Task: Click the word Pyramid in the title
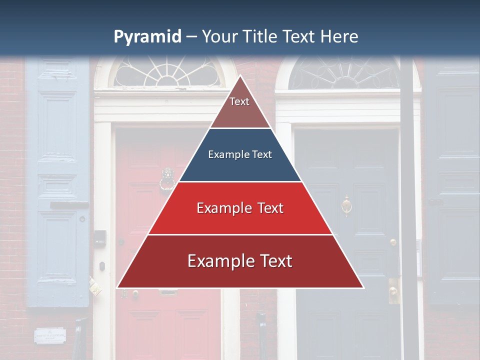pos(147,36)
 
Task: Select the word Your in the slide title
pos(220,36)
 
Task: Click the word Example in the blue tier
pos(224,155)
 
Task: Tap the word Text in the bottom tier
pos(273,261)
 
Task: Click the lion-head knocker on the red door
pos(167,180)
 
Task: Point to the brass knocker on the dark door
pos(346,204)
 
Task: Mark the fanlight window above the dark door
pos(345,73)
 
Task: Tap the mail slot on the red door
pos(168,292)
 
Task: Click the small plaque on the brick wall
pos(50,335)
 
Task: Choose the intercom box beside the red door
pos(100,237)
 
